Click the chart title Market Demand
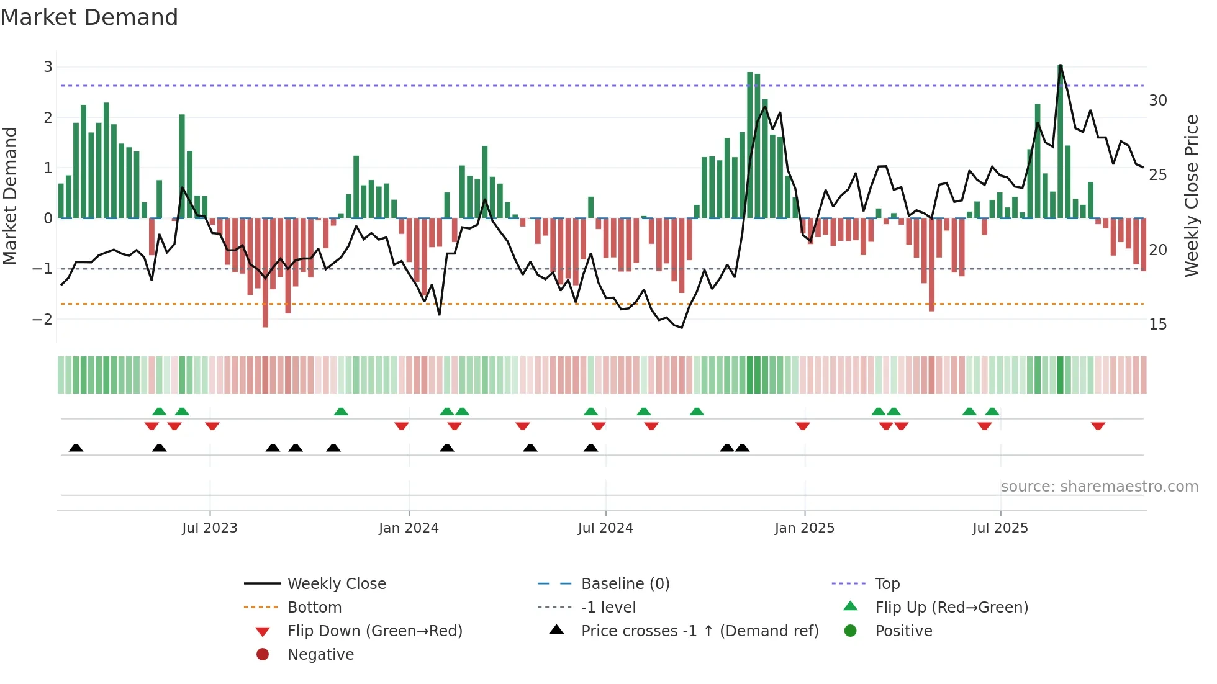[x=89, y=17]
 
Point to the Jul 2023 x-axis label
[x=209, y=528]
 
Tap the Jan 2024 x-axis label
[x=409, y=528]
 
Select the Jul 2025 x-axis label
[x=1000, y=528]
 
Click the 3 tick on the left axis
[x=48, y=67]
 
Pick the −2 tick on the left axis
[x=43, y=320]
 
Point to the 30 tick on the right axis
[x=1157, y=101]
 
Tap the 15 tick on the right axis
[x=1157, y=325]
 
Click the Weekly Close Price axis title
[x=1191, y=196]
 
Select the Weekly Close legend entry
[x=336, y=584]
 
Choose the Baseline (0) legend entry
[x=625, y=584]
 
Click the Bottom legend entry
[x=314, y=608]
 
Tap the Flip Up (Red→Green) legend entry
[x=951, y=608]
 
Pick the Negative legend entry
[x=320, y=655]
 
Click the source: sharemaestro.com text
[x=1099, y=487]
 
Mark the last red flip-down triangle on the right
[x=1098, y=426]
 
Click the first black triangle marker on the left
[x=76, y=448]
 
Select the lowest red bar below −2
[x=265, y=273]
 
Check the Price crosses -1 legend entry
[x=699, y=631]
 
